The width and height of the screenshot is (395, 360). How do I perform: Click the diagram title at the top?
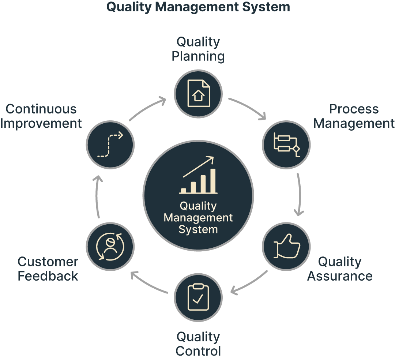(x=198, y=7)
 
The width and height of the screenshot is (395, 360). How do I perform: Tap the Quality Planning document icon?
(x=198, y=93)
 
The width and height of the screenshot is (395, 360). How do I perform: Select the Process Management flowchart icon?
(x=287, y=144)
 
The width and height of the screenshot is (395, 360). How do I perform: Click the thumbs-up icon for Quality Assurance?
(x=287, y=247)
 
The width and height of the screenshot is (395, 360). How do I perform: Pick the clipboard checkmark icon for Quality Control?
(x=198, y=297)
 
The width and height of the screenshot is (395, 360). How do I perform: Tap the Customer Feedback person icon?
(x=110, y=247)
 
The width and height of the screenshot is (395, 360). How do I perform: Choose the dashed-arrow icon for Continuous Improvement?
(x=110, y=145)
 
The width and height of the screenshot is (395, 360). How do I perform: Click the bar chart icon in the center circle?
(x=199, y=176)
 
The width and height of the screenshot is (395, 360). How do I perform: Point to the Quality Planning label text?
(x=198, y=49)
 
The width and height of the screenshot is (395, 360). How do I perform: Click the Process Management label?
(x=354, y=116)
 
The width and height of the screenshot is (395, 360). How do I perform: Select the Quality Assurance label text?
(x=340, y=269)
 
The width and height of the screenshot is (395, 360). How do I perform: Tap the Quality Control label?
(x=198, y=344)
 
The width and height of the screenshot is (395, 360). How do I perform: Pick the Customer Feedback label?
(x=48, y=269)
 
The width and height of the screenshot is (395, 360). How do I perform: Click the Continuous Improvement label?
(x=41, y=116)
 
